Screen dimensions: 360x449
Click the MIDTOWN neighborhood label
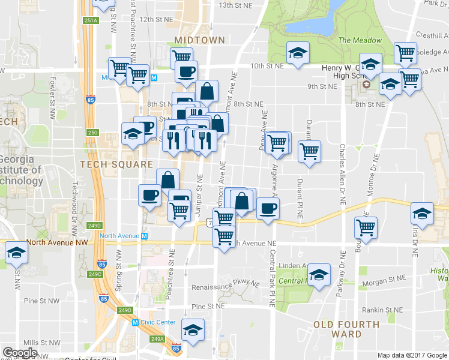coord(199,40)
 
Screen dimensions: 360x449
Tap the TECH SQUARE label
coord(109,164)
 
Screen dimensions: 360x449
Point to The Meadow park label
coord(360,40)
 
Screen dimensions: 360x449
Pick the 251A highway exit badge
coord(91,20)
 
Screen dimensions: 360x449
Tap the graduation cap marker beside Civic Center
coord(193,330)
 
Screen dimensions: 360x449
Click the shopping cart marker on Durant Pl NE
coord(309,151)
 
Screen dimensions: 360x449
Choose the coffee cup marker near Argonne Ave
coord(268,208)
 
